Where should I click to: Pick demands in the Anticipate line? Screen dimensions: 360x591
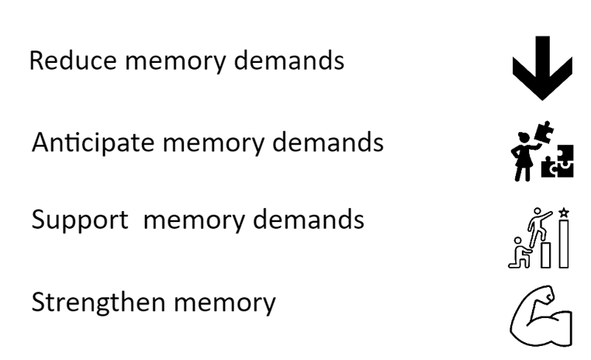click(x=334, y=144)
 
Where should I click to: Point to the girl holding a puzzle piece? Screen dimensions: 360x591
click(x=520, y=161)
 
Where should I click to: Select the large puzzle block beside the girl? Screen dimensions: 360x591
click(x=557, y=163)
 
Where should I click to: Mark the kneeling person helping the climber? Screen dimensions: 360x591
click(x=520, y=253)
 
